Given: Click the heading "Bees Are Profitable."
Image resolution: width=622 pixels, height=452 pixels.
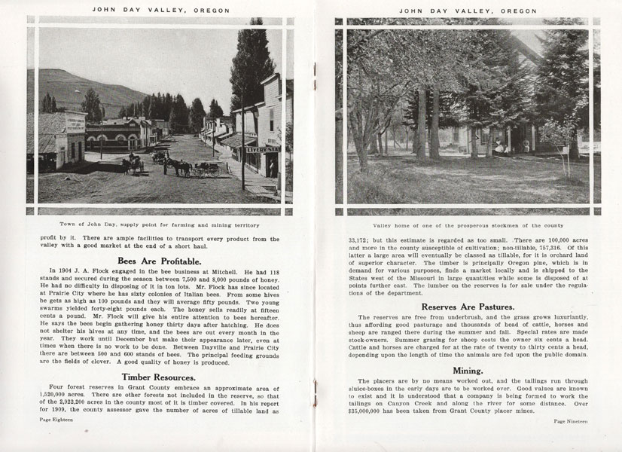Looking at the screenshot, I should tap(159, 261).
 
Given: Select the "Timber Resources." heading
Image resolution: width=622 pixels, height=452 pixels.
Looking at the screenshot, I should tap(159, 377).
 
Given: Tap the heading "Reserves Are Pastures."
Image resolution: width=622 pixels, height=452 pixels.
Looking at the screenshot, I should tap(468, 307).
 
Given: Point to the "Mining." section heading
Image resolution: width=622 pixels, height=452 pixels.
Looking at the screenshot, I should tap(468, 371).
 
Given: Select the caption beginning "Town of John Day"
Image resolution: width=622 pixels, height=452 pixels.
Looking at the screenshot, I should tap(159, 224).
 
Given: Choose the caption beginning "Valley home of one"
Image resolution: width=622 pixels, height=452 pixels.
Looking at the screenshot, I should tap(468, 224).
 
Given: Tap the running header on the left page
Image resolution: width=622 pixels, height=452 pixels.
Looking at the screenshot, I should tap(159, 11).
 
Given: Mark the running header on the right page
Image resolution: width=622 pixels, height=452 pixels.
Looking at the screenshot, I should tap(468, 11).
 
